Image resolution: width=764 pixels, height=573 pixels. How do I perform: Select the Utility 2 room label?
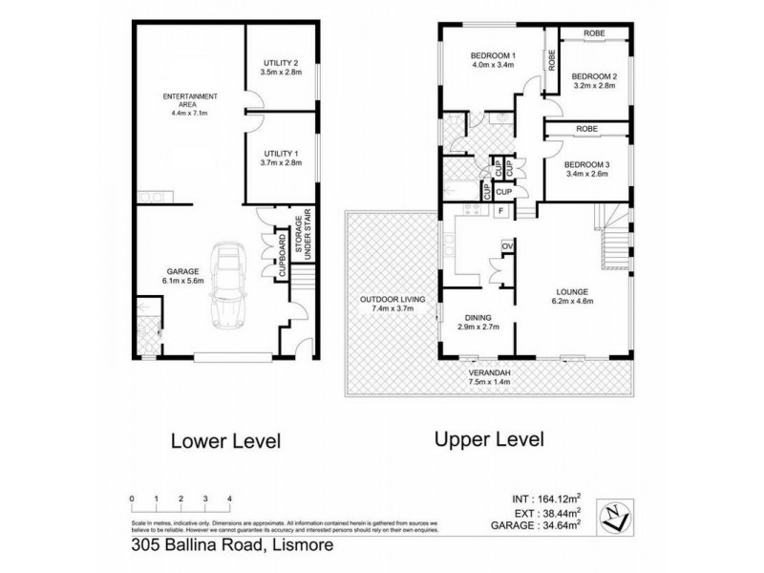pos(282,63)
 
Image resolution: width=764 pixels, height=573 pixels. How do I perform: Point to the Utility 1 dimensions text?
pos(282,163)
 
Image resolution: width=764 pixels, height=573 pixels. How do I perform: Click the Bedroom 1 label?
pos(493,54)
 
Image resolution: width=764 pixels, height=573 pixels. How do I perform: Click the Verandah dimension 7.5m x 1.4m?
pos(491,382)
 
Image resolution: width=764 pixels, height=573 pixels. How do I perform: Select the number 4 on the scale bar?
pos(229,499)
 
